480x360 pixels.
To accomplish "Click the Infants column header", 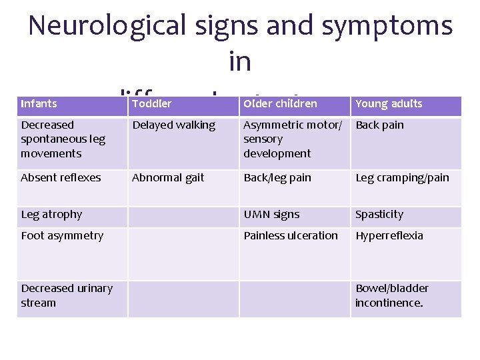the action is (x=39, y=103).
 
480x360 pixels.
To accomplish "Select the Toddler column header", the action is (x=152, y=103).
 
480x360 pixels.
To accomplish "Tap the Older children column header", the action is (x=280, y=103).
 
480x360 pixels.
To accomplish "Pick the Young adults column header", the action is (x=389, y=103).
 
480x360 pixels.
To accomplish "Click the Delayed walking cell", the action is (x=173, y=125).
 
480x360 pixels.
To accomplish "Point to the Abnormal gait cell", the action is (x=168, y=177).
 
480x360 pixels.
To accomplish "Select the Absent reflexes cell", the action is (x=61, y=177).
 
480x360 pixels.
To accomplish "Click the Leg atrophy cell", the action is (x=51, y=214).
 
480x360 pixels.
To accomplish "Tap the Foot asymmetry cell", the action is (x=62, y=235).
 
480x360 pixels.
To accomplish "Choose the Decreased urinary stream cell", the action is (x=67, y=295).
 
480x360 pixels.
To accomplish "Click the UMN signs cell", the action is (x=271, y=214).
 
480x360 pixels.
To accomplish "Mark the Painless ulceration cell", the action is (x=291, y=235).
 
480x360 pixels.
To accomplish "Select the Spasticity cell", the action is (x=379, y=214).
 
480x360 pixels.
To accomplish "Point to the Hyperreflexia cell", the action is (x=389, y=235).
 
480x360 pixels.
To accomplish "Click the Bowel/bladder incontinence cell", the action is (x=392, y=295).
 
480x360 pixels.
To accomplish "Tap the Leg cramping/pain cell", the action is (x=402, y=177).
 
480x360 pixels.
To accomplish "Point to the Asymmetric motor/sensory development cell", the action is (x=292, y=139).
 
